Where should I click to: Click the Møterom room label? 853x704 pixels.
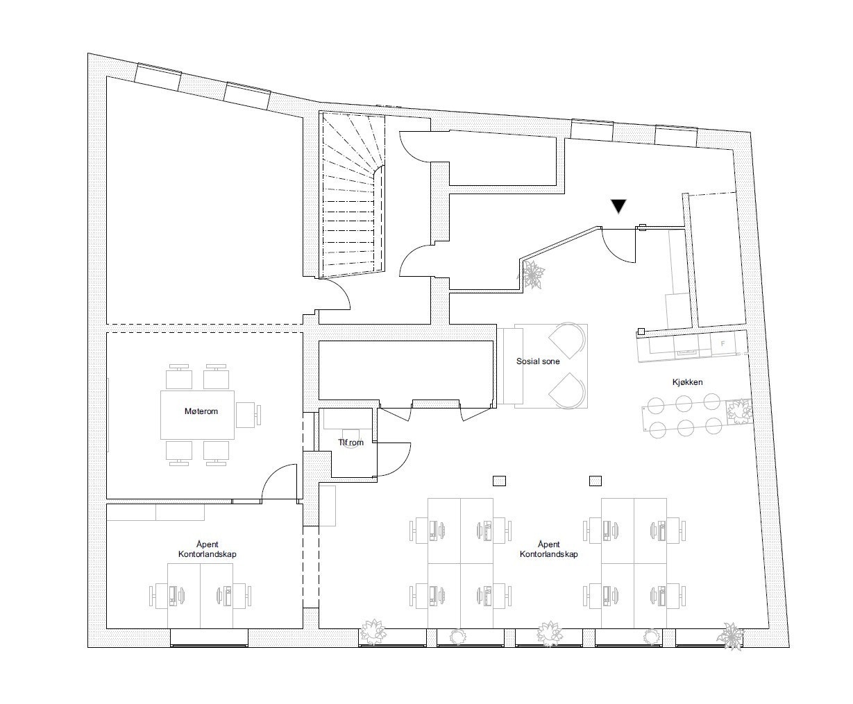click(201, 411)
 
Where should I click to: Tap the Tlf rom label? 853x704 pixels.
click(351, 443)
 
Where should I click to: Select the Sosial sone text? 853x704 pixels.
click(538, 361)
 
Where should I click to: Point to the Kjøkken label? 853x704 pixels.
click(687, 382)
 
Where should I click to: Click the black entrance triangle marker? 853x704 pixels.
click(618, 206)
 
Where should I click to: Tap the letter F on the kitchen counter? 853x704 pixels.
click(723, 344)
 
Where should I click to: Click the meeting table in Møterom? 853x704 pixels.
click(197, 415)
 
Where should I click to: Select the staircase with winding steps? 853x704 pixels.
click(352, 195)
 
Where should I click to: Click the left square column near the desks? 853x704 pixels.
click(499, 481)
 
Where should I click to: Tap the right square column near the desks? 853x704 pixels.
click(596, 481)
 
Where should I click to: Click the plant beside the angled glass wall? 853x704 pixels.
click(532, 275)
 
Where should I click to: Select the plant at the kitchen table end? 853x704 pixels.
click(739, 411)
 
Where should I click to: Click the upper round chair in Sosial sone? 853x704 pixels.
click(568, 340)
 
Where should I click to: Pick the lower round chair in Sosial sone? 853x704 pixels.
click(568, 390)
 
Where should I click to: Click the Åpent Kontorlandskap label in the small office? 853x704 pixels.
click(207, 549)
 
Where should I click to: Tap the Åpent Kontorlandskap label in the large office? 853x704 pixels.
click(548, 549)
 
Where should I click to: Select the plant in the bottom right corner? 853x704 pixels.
click(732, 635)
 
